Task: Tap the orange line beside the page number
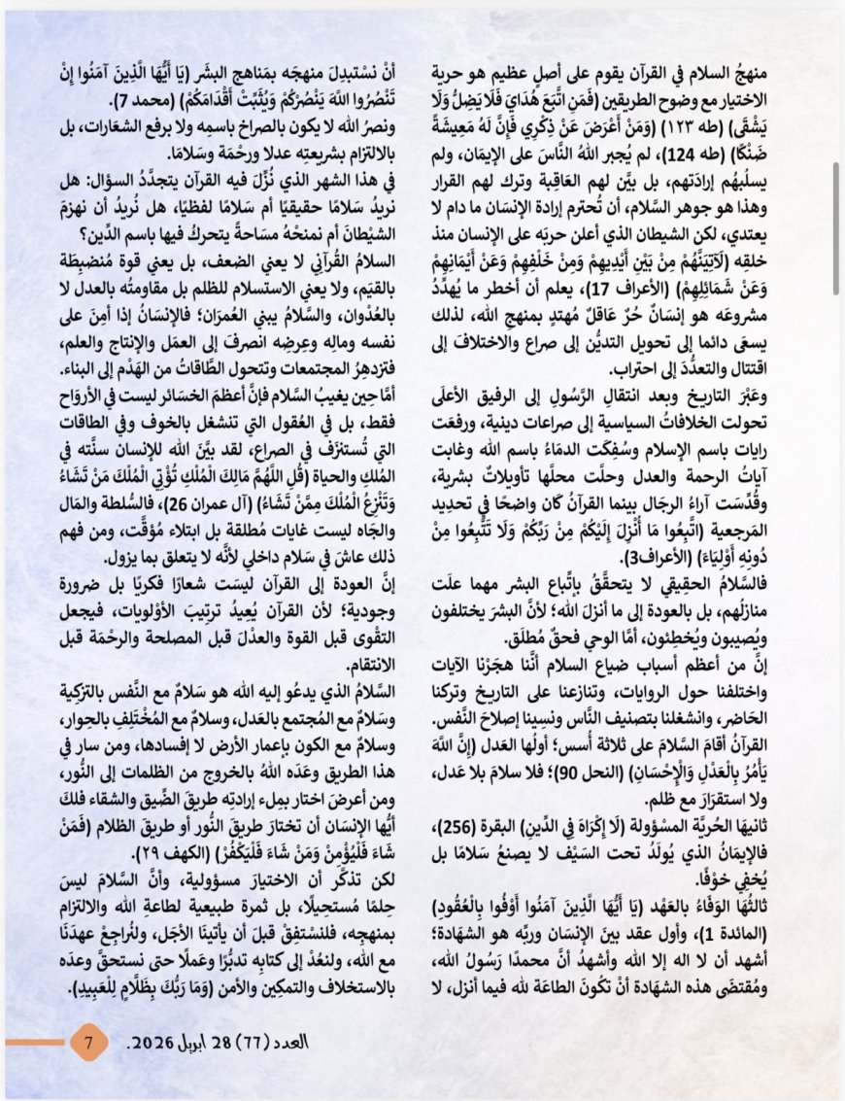[36, 1043]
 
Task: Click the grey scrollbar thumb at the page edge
[837, 145]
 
